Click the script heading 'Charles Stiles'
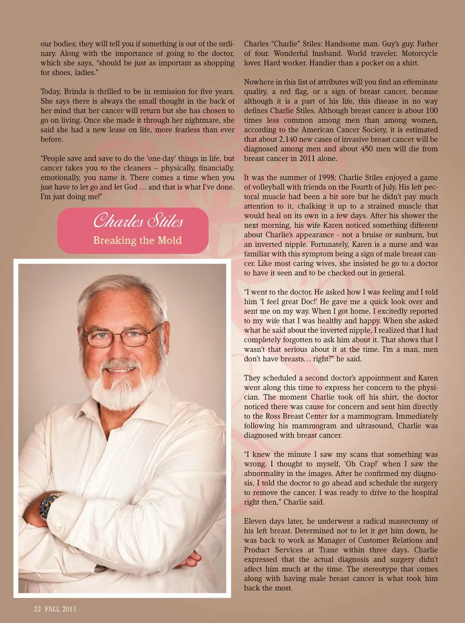[x=138, y=222]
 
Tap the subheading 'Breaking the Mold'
[x=138, y=240]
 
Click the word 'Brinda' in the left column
[x=76, y=92]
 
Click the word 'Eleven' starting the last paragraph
[x=256, y=521]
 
